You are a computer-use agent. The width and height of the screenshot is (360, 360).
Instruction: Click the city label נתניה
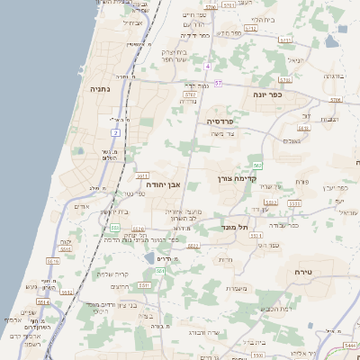(x=100, y=89)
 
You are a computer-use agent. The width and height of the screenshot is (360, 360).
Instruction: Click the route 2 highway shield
(x=115, y=133)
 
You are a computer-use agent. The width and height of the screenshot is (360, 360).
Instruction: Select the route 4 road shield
(x=207, y=67)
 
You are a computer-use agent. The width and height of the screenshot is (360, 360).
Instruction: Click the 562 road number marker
(x=257, y=166)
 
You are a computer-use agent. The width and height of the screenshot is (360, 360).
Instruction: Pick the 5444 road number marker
(x=350, y=346)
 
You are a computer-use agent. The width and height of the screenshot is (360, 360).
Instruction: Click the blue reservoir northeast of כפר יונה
(x=332, y=40)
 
